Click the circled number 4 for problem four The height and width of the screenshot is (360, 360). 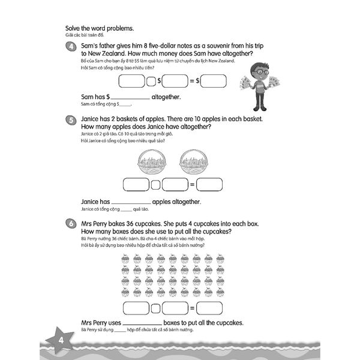point(71,47)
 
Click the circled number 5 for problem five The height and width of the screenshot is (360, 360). point(71,121)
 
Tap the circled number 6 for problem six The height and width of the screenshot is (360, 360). point(71,224)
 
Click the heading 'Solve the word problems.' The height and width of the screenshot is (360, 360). point(98,28)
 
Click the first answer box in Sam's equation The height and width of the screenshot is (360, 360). point(136,80)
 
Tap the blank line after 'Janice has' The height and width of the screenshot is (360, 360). point(133,202)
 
